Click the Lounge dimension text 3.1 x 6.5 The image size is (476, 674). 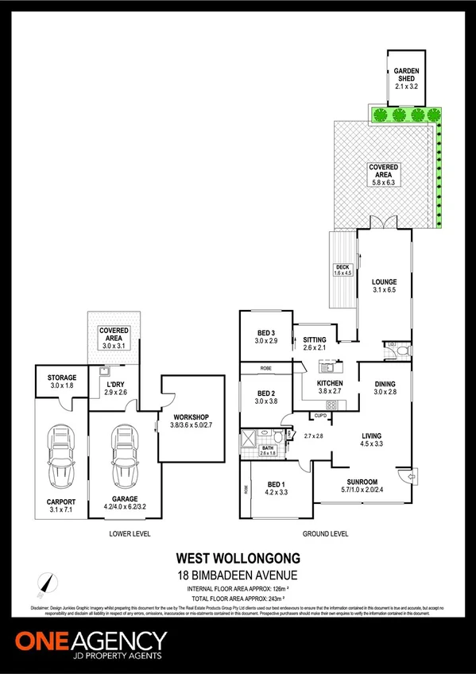pos(384,291)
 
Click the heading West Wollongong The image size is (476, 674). pos(238,558)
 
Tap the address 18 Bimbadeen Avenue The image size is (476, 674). pos(238,574)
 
